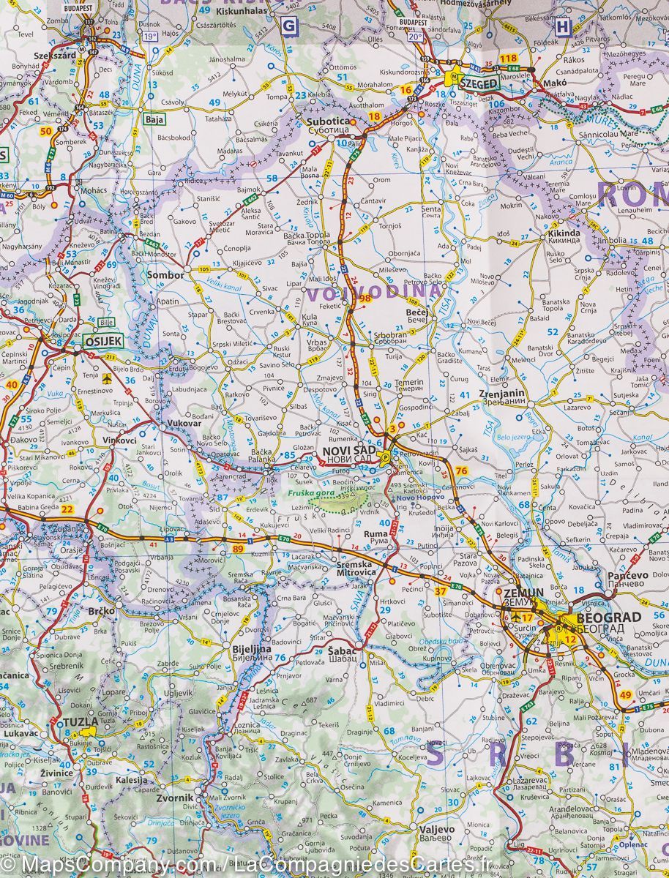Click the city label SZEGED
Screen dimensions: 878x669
(479, 84)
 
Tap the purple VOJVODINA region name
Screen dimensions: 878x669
(373, 294)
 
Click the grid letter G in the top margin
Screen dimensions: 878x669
(290, 26)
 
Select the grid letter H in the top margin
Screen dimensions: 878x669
(562, 26)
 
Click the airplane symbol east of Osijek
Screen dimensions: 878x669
(108, 378)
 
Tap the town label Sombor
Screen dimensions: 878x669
(165, 275)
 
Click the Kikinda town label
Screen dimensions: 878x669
(564, 233)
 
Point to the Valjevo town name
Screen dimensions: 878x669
(436, 830)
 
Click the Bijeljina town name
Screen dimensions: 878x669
(251, 648)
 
